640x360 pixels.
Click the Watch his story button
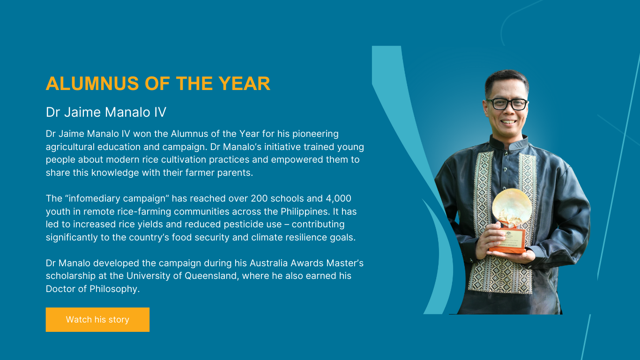(97, 319)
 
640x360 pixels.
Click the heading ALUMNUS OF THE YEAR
(158, 83)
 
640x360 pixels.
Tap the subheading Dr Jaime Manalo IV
(106, 112)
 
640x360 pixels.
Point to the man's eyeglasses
(507, 104)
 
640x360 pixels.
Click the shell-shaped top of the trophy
(512, 206)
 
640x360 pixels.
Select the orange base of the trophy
(507, 241)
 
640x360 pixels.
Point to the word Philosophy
(115, 289)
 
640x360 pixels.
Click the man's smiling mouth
(508, 122)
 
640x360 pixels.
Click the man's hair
(506, 80)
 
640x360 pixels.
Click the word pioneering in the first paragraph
(315, 134)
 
